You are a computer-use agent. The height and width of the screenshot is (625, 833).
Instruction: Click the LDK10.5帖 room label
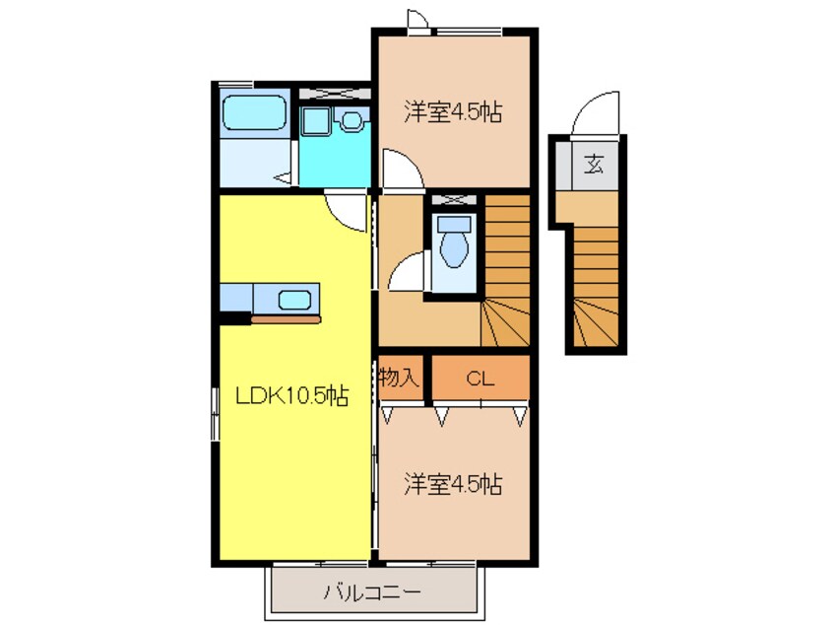290,396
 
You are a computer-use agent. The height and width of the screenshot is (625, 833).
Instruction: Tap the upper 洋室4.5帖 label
453,112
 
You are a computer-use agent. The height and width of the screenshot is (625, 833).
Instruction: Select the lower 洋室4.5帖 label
453,484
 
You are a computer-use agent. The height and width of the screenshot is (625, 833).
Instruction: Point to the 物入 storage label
400,379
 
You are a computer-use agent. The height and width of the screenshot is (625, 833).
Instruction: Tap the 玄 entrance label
596,164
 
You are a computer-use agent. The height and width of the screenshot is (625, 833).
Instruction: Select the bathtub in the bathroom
254,113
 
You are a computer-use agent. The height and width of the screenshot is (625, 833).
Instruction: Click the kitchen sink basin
294,299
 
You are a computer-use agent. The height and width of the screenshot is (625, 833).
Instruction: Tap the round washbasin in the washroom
352,120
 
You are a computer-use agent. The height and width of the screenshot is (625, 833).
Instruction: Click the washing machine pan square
317,121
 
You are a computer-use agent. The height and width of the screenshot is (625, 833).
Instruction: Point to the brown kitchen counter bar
286,319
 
